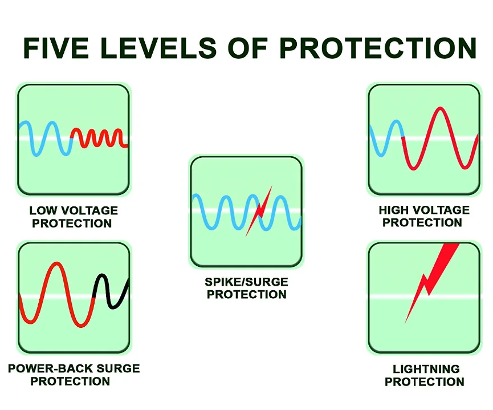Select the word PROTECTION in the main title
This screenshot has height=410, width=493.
point(379,48)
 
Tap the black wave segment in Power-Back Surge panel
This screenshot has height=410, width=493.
point(111,291)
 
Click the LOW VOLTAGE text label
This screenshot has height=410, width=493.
point(74,211)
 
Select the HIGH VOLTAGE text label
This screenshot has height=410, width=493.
point(423,210)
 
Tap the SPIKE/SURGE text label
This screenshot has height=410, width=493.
point(246,282)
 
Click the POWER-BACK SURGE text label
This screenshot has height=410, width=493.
point(74,369)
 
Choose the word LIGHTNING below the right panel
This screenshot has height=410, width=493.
point(424,370)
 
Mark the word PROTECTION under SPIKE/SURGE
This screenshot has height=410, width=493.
point(246,295)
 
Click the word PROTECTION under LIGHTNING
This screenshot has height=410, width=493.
point(424,382)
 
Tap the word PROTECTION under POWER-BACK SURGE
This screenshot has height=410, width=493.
point(71,381)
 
